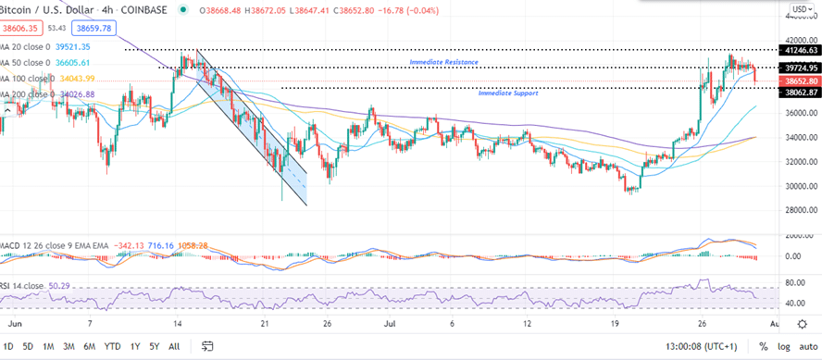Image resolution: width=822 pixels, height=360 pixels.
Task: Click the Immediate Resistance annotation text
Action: click(x=443, y=62)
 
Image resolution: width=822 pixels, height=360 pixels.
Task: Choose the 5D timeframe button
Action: click(x=28, y=347)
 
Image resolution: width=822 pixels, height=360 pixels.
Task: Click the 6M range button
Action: click(x=89, y=347)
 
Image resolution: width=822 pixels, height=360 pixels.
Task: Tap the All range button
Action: click(x=174, y=347)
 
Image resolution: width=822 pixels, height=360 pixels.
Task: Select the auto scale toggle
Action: click(x=808, y=347)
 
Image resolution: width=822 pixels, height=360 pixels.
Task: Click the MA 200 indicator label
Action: click(x=28, y=94)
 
